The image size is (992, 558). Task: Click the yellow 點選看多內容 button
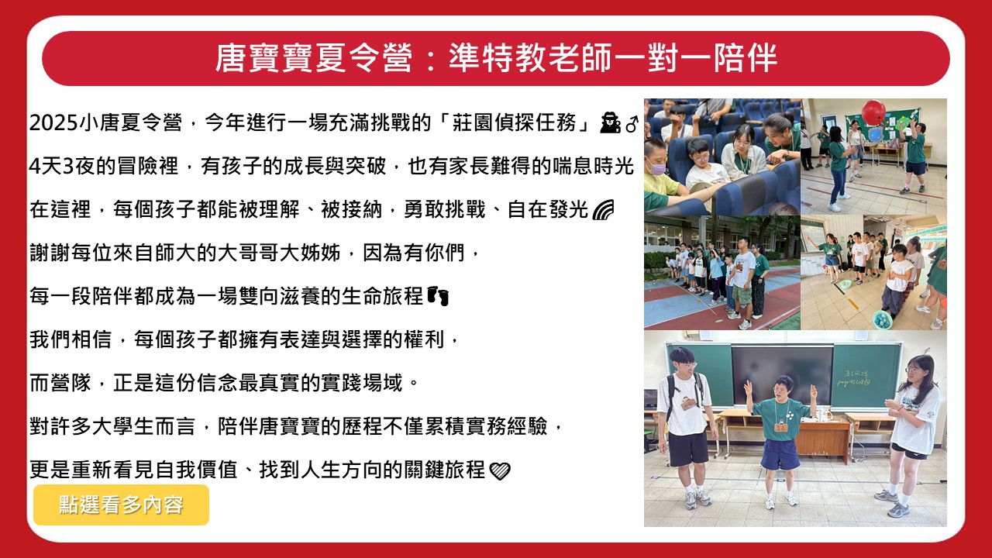pos(121,505)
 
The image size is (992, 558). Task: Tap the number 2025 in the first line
pos(53,122)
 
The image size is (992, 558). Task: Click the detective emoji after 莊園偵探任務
pos(610,122)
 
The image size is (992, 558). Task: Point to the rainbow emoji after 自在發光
pos(603,209)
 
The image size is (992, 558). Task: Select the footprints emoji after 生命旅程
pos(438,296)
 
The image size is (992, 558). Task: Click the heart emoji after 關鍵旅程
pos(500,470)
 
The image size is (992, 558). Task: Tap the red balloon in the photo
pos(873,112)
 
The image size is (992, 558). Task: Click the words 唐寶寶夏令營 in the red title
pos(314,58)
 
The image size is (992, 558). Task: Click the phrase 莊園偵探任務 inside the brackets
pos(514,122)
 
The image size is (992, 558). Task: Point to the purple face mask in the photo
pos(656,167)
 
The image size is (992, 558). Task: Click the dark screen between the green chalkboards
pos(782,376)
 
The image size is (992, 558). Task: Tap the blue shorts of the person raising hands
pos(780,454)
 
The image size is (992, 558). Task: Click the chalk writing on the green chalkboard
pos(853,378)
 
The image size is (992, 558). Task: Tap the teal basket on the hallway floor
pos(882,319)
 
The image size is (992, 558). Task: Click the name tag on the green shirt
pos(780,429)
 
